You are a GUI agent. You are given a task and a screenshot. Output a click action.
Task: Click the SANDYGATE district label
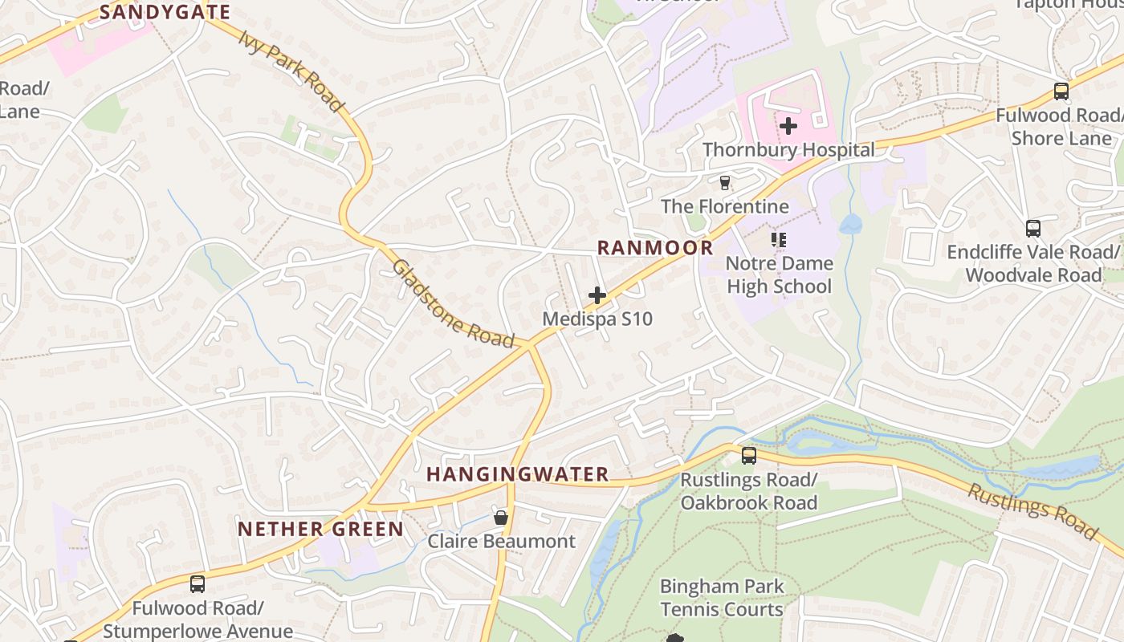click(x=165, y=12)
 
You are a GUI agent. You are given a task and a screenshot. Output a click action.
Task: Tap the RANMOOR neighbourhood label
click(x=655, y=247)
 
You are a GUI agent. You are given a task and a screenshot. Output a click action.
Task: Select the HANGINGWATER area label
click(x=517, y=474)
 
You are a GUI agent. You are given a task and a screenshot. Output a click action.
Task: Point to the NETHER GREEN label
click(x=320, y=529)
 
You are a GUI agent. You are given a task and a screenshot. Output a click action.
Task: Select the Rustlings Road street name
click(x=1032, y=511)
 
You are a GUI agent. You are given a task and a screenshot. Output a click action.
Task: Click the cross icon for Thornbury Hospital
click(x=788, y=126)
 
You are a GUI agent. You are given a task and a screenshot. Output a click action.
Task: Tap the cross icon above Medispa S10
click(x=597, y=295)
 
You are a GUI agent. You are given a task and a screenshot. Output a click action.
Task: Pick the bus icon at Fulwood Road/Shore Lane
click(x=1061, y=91)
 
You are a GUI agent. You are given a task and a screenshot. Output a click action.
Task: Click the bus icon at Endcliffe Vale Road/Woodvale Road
click(x=1033, y=229)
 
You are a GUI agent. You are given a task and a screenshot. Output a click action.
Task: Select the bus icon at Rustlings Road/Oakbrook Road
click(x=749, y=456)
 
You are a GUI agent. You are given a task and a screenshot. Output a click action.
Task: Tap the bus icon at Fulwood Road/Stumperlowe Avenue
click(x=198, y=584)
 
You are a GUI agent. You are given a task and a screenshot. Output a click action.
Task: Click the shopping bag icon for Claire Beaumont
click(x=501, y=518)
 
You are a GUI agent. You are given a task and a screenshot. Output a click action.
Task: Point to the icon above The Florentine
click(x=725, y=183)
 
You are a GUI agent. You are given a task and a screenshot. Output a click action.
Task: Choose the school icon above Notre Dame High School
click(x=779, y=239)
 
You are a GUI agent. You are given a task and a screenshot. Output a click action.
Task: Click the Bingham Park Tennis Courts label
click(x=721, y=598)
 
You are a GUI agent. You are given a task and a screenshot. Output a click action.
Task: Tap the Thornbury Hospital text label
click(x=788, y=150)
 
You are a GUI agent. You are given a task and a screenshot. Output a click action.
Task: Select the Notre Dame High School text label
click(x=779, y=274)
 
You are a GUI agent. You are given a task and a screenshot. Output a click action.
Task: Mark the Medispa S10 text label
click(x=597, y=319)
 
